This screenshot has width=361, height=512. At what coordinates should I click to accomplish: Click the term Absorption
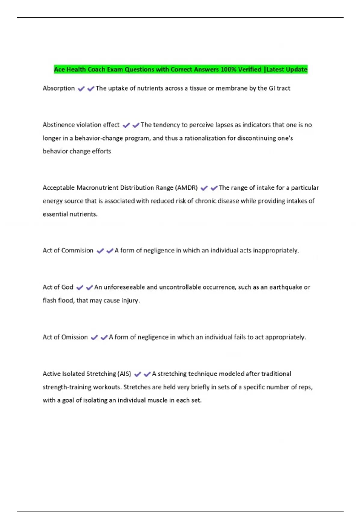(x=59, y=88)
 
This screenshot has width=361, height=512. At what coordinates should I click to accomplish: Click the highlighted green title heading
(x=180, y=69)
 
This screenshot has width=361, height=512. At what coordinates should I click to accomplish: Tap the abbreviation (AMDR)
(x=186, y=188)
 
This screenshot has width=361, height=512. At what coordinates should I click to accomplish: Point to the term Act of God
(x=58, y=287)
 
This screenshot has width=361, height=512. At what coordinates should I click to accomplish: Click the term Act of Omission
(x=65, y=337)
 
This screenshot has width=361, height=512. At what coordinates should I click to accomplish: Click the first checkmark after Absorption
(x=81, y=89)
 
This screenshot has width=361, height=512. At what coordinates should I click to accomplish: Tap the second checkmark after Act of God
(x=89, y=288)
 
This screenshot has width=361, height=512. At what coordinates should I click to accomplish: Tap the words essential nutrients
(x=70, y=214)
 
